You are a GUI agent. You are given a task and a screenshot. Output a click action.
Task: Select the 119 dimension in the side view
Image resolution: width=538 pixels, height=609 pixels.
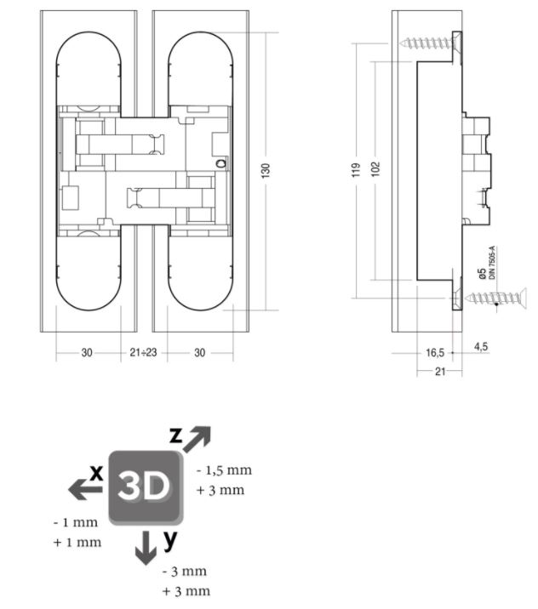[356, 169]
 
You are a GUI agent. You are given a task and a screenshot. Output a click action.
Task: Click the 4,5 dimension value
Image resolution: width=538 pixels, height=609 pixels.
[481, 346]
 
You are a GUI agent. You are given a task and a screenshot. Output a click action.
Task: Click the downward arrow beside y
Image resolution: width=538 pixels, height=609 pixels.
[146, 547]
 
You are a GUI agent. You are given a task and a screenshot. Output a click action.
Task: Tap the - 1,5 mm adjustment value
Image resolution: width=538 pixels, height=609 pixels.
[224, 470]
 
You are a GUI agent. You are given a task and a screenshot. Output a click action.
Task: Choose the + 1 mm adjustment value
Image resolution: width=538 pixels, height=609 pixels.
[77, 542]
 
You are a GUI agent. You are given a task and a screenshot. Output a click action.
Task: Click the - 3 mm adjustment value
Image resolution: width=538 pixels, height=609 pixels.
[185, 571]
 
